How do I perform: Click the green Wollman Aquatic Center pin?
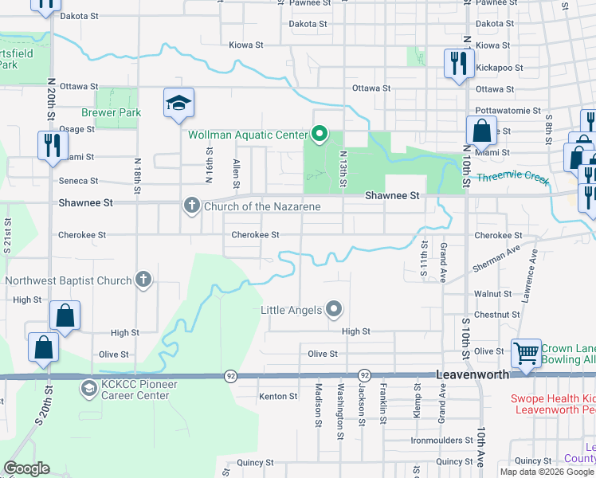(320, 134)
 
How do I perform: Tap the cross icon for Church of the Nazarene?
(191, 206)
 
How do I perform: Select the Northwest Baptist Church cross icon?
(143, 280)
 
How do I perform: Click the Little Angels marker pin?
(334, 309)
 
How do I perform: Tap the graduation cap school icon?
(178, 104)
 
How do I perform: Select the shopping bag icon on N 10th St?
(480, 130)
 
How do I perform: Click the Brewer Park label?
(111, 112)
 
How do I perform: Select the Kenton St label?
(277, 396)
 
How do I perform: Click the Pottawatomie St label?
(508, 111)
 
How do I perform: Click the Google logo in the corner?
(26, 468)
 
